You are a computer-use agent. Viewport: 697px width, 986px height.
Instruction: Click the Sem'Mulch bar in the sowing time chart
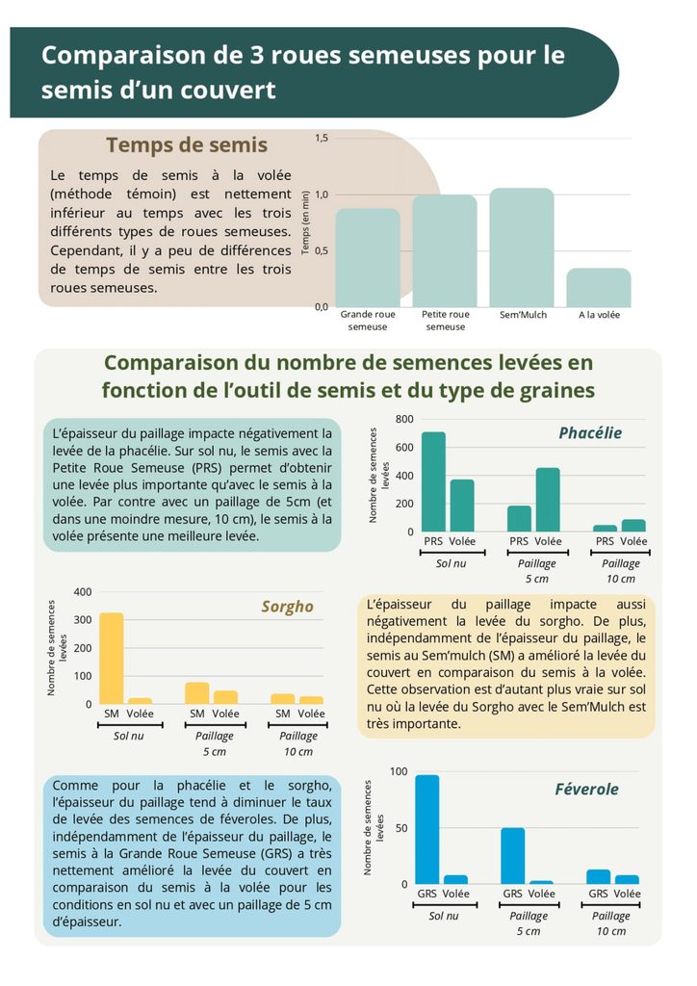(522, 247)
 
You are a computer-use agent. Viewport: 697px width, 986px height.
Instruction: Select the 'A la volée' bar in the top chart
(599, 288)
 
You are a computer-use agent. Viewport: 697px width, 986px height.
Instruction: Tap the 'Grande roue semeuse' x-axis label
(368, 320)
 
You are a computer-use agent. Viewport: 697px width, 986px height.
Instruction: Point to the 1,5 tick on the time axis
(322, 138)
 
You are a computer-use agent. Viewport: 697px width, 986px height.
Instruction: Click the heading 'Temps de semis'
(187, 144)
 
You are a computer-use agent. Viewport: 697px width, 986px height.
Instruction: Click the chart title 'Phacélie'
(590, 432)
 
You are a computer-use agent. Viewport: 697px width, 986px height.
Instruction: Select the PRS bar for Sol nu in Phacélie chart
(433, 481)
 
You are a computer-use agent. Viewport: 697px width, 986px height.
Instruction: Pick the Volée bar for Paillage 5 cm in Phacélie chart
(548, 500)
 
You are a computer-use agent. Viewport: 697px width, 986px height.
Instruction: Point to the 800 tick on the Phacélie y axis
(404, 419)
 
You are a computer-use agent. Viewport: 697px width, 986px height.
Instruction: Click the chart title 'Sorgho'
(287, 607)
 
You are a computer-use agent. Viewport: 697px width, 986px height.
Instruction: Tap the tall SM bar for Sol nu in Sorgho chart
(112, 659)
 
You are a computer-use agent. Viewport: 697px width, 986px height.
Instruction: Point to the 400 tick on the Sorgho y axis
(83, 592)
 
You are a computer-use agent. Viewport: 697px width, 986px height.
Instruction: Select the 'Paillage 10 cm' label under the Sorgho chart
(297, 743)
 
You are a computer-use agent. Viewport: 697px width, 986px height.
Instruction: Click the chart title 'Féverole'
(586, 790)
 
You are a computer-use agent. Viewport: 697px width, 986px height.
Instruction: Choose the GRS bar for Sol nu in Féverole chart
(427, 829)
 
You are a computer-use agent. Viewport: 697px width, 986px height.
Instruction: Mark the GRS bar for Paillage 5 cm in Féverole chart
(513, 856)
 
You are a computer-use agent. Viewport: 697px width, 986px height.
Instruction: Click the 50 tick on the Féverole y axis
(401, 828)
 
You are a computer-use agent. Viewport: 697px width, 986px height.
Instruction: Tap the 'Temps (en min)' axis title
(305, 222)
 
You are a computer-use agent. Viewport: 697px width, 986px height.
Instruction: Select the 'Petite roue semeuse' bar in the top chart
(445, 251)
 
